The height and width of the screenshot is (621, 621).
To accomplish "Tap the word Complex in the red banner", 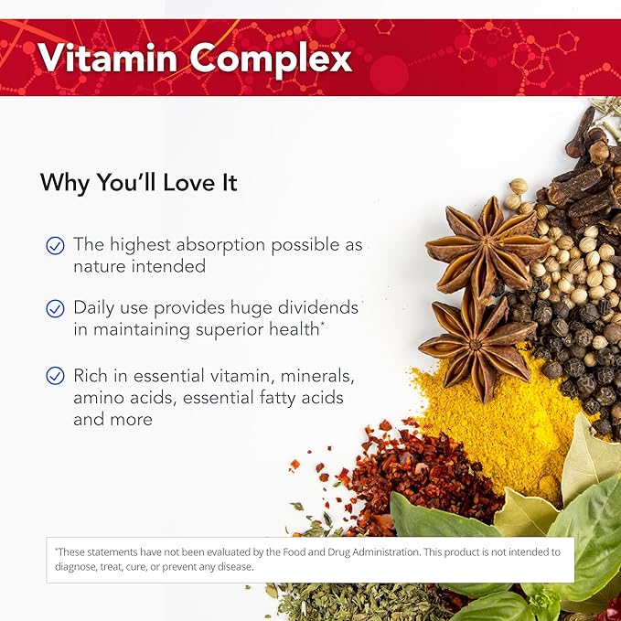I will click(271, 59).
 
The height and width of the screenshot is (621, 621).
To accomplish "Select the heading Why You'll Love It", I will click(138, 182).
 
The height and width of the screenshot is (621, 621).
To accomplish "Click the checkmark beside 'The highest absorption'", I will click(56, 245).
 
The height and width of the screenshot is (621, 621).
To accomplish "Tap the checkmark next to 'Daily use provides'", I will click(56, 308).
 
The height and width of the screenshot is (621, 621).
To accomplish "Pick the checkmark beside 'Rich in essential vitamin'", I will click(56, 375).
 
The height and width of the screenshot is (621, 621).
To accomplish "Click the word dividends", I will click(316, 308).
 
